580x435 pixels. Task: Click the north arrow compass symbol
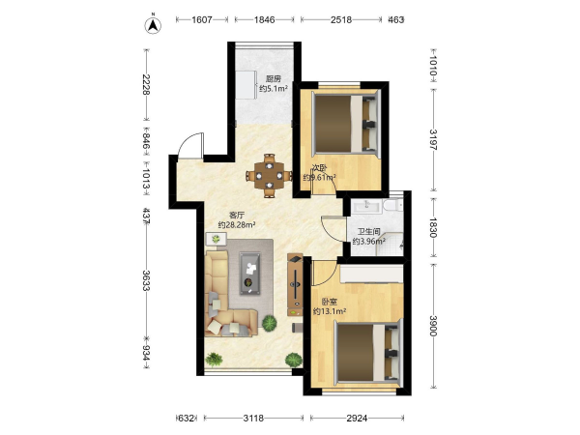click(x=153, y=24)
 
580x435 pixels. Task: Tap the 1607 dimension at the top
click(x=202, y=19)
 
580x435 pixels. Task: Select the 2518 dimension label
click(x=341, y=19)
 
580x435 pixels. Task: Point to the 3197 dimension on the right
click(x=433, y=139)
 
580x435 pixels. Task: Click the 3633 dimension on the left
click(x=147, y=280)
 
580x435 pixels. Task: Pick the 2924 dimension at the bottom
click(x=357, y=418)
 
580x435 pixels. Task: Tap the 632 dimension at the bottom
click(x=186, y=418)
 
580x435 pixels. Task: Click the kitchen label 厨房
click(x=274, y=79)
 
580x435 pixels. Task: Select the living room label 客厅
click(x=237, y=215)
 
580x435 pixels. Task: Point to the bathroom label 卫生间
click(x=368, y=232)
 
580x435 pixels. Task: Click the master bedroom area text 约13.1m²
click(x=330, y=311)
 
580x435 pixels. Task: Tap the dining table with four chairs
click(x=270, y=176)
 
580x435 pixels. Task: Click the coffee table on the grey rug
click(x=250, y=274)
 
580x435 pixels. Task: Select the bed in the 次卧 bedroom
click(x=347, y=123)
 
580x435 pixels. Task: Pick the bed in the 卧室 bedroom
click(x=368, y=352)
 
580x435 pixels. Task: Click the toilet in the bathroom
click(x=392, y=205)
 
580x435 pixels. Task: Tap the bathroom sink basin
click(x=365, y=206)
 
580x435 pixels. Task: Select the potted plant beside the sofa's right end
click(x=270, y=323)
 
